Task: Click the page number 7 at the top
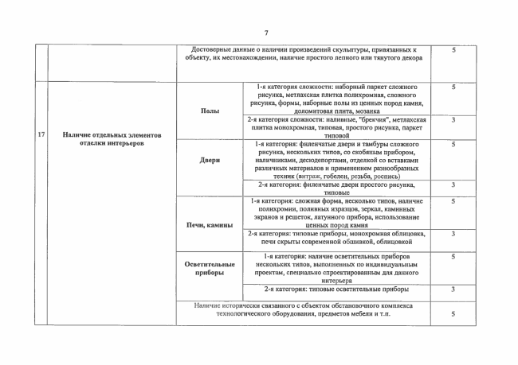265,32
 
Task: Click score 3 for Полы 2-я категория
453,119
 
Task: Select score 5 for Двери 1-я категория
453,144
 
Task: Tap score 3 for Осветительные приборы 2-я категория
453,289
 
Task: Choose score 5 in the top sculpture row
453,49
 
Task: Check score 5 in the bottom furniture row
453,313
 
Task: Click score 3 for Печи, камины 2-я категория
453,234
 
